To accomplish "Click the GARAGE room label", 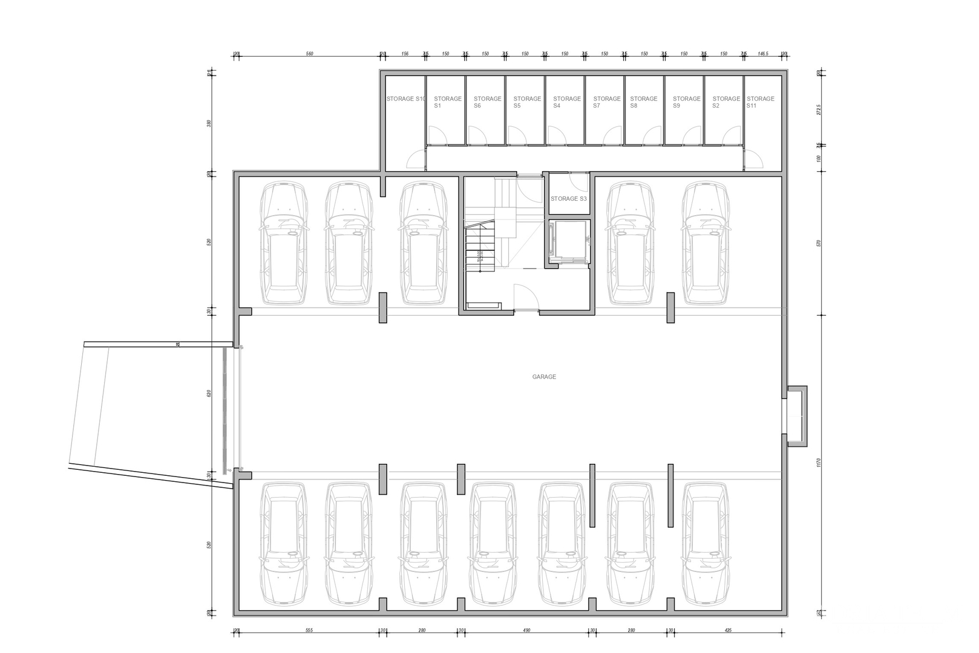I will pos(543,377).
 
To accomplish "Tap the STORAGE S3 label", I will pos(568,198).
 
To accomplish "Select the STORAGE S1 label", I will pos(447,102).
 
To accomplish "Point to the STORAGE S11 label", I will pos(760,102).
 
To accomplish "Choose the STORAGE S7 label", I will pos(606,102).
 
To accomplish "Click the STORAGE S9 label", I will pos(686,102).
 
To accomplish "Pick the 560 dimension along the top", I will pos(309,54).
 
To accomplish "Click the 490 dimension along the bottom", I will pos(526,630).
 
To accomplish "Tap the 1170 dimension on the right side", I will pos(818,463).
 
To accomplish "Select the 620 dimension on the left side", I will pos(209,393).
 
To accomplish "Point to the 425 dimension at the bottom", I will pos(727,630).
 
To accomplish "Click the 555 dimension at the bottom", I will pos(309,630).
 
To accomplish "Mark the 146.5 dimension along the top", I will pos(762,54).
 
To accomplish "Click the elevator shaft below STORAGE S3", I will pos(568,241).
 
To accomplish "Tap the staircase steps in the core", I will pos(479,248).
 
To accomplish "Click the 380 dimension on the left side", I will pos(209,123).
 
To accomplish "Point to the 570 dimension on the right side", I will pos(818,243).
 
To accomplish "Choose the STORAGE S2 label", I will pos(725,102).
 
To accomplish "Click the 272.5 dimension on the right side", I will pos(818,110).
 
